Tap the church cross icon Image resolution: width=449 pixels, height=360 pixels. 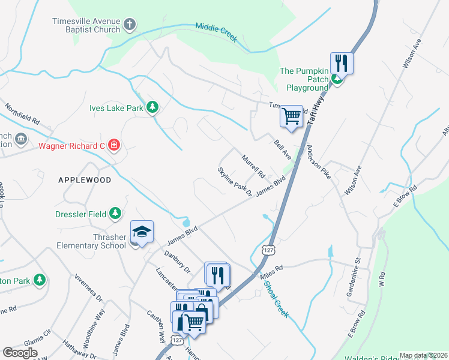click(129, 25)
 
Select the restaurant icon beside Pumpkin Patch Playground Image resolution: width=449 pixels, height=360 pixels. click(342, 62)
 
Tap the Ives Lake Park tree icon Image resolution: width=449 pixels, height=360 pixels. click(152, 107)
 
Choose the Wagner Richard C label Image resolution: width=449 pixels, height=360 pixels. click(72, 146)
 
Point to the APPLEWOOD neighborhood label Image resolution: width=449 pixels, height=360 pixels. click(85, 180)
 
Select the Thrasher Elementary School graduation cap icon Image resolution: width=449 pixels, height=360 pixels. click(142, 232)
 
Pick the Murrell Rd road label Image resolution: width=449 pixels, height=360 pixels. click(253, 167)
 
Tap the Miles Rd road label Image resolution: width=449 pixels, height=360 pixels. click(271, 271)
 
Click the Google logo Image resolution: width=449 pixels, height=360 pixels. click(20, 353)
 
